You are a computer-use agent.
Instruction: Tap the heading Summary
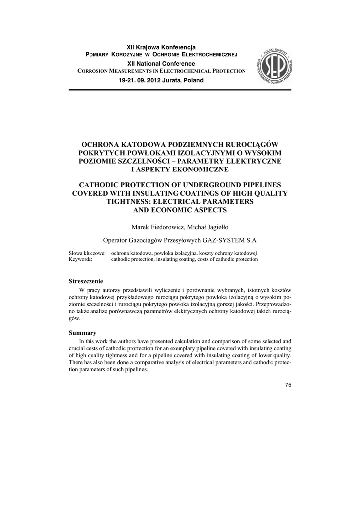(x=83, y=333)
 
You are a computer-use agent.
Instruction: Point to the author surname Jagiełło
(x=215, y=227)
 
